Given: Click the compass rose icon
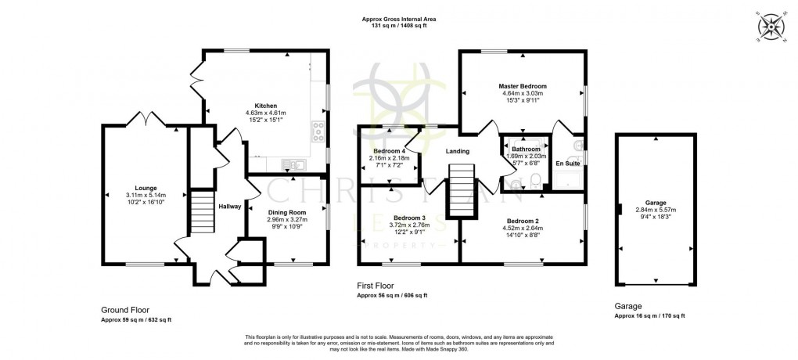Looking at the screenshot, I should (772, 28).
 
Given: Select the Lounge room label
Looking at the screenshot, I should (146, 188).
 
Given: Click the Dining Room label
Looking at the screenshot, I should (287, 211).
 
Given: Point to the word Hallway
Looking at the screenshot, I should (230, 207).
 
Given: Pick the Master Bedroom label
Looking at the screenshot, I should (523, 85).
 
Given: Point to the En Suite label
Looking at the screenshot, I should (567, 164).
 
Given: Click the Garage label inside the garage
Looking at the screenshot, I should (656, 201).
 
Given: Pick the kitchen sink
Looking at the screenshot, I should (294, 164).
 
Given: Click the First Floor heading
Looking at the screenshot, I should (375, 286).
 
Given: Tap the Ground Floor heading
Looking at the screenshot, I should (125, 310).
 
